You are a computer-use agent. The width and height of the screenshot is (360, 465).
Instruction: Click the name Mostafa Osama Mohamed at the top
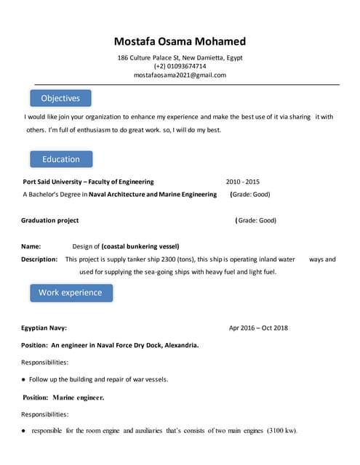pyautogui.click(x=180, y=41)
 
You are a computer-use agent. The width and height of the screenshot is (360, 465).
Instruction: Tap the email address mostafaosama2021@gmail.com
pyautogui.click(x=180, y=75)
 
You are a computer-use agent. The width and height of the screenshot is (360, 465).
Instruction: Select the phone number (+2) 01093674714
pyautogui.click(x=180, y=66)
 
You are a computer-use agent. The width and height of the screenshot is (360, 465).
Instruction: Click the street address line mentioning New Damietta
pyautogui.click(x=180, y=57)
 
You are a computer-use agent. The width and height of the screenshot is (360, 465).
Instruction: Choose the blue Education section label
pyautogui.click(x=61, y=159)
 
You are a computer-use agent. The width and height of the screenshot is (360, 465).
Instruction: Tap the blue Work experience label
pyautogui.click(x=71, y=292)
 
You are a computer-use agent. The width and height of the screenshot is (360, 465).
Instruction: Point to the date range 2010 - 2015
pyautogui.click(x=242, y=182)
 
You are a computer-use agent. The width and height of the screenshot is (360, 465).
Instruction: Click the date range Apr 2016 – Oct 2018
pyautogui.click(x=258, y=328)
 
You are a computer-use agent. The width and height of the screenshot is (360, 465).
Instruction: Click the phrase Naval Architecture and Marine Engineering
pyautogui.click(x=153, y=194)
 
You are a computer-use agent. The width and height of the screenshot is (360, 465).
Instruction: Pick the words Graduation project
pyautogui.click(x=50, y=220)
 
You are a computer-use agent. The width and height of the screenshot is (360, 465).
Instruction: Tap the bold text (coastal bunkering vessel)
pyautogui.click(x=140, y=246)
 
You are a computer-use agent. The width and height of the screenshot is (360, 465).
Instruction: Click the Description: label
pyautogui.click(x=39, y=259)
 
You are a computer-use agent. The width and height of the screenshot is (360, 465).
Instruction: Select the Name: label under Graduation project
pyautogui.click(x=31, y=246)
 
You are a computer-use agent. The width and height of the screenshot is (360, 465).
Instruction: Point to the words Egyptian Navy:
pyautogui.click(x=44, y=328)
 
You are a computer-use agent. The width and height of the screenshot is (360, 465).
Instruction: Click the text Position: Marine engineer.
pyautogui.click(x=63, y=397)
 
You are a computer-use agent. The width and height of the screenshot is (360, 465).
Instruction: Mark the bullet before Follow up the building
pyautogui.click(x=24, y=379)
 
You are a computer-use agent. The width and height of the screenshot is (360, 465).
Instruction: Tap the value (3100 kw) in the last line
pyautogui.click(x=282, y=431)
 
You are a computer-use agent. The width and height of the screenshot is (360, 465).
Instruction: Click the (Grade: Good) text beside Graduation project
pyautogui.click(x=256, y=220)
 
